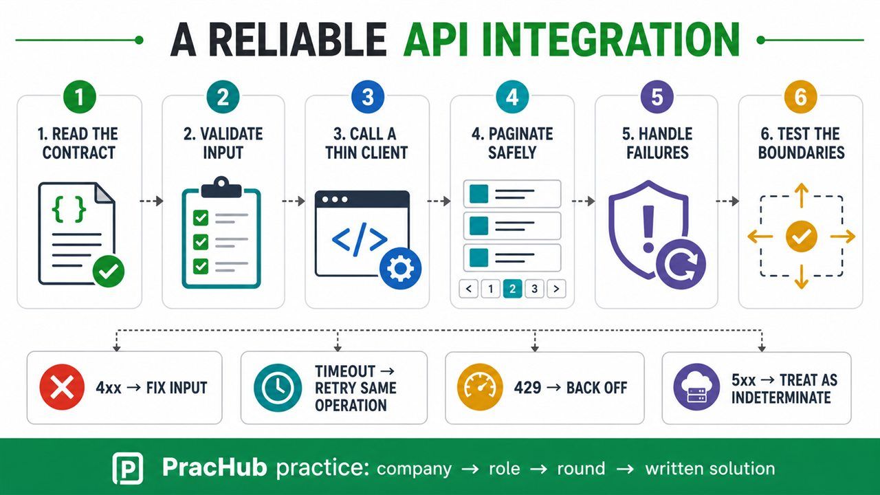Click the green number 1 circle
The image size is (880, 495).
click(79, 97)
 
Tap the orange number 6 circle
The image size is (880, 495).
click(801, 97)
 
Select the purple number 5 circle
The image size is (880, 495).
click(657, 97)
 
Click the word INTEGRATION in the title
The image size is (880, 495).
click(571, 40)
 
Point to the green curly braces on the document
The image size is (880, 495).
click(69, 210)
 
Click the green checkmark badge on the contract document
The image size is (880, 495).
click(109, 271)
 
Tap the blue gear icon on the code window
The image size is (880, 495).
click(400, 268)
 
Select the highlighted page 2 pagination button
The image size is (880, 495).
click(512, 289)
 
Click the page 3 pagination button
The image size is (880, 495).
click(534, 289)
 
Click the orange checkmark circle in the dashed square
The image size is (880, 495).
click(802, 236)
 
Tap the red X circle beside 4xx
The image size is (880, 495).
click(62, 387)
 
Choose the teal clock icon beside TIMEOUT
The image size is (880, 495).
click(278, 387)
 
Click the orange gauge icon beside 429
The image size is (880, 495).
click(480, 387)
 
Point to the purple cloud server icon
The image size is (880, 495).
click(697, 387)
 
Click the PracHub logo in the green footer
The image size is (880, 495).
click(128, 468)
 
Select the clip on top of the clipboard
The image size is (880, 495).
click(221, 187)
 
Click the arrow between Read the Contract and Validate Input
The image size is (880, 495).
click(152, 201)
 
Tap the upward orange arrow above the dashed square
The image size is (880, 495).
click(802, 195)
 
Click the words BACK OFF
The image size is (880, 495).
click(597, 388)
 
